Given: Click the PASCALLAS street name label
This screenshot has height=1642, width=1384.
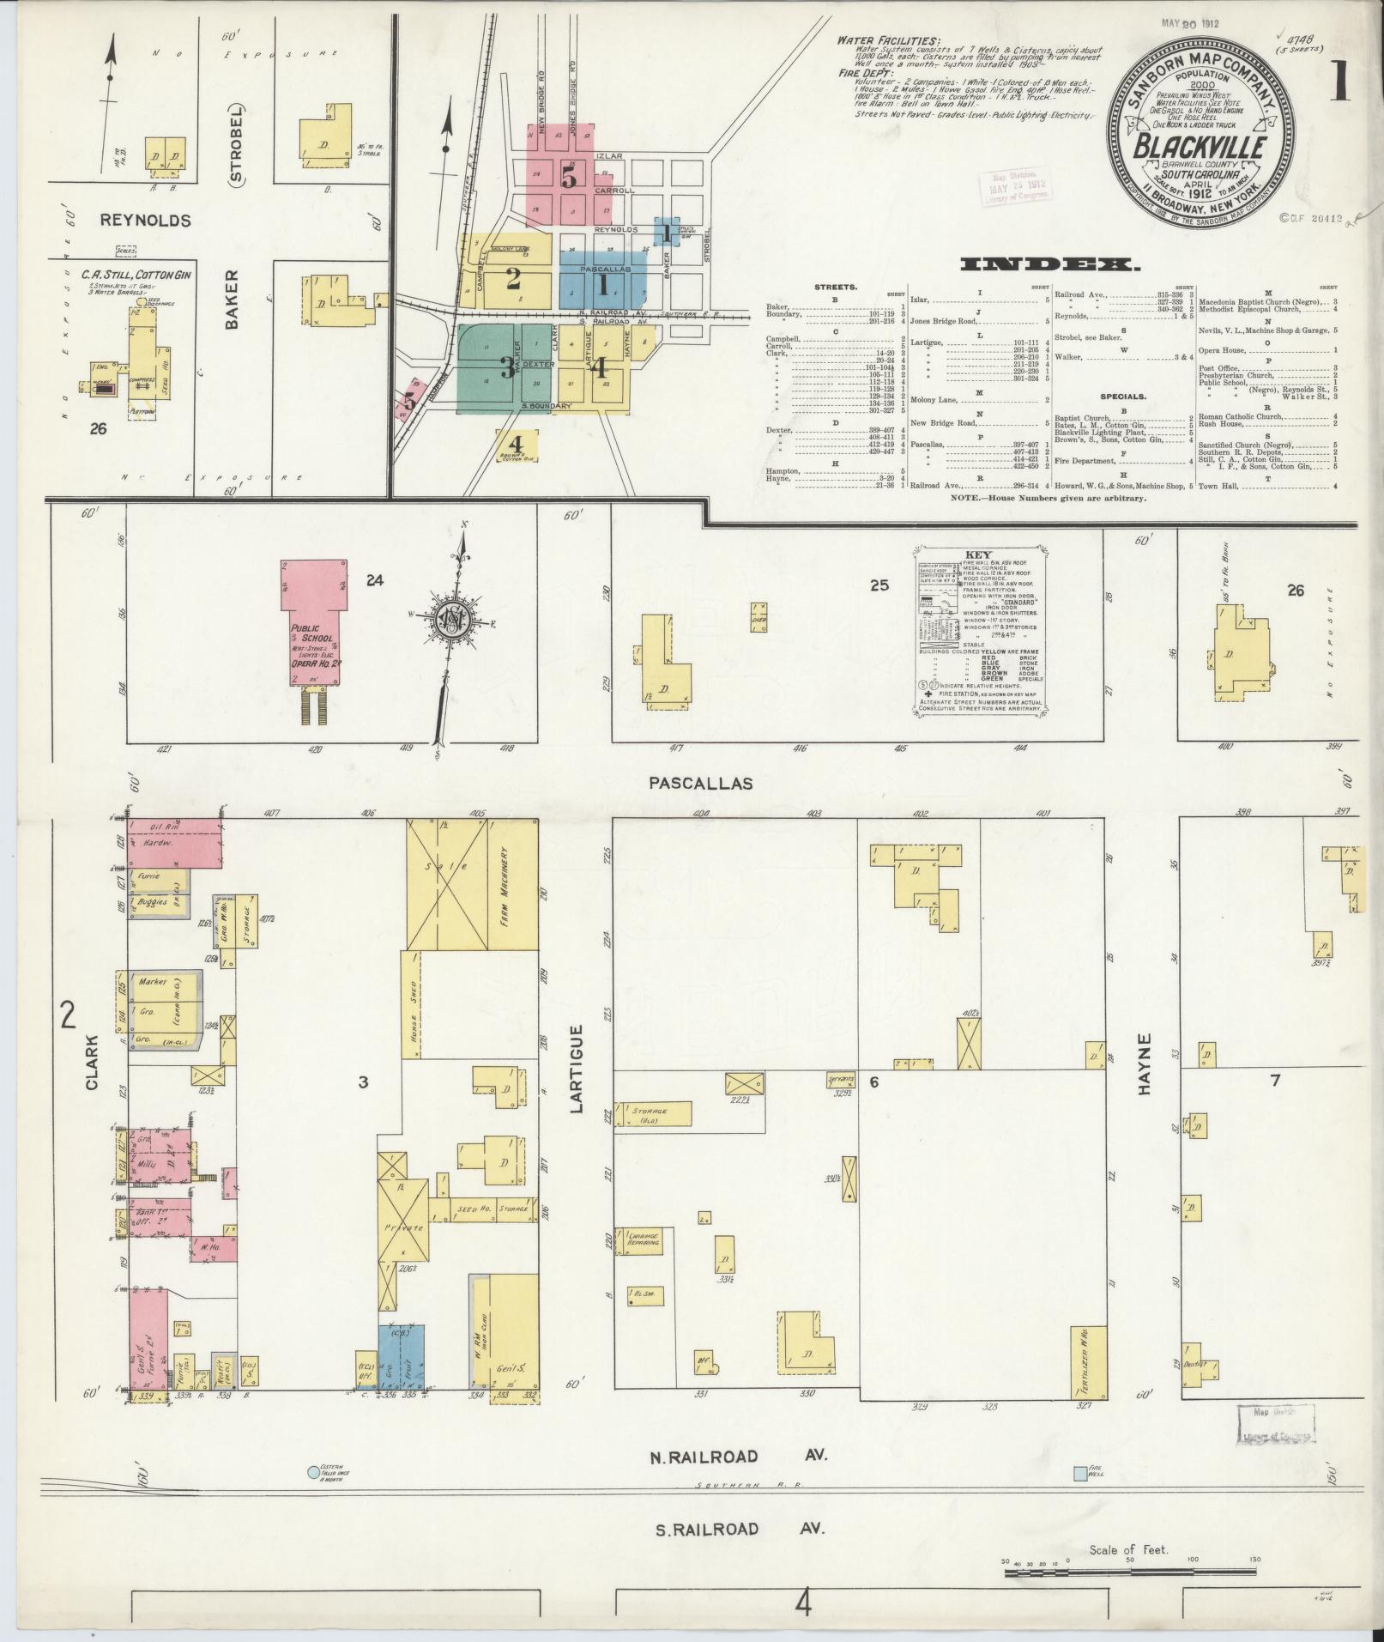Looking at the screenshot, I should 700,783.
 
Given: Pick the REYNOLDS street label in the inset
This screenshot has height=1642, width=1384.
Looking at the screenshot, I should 145,221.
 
